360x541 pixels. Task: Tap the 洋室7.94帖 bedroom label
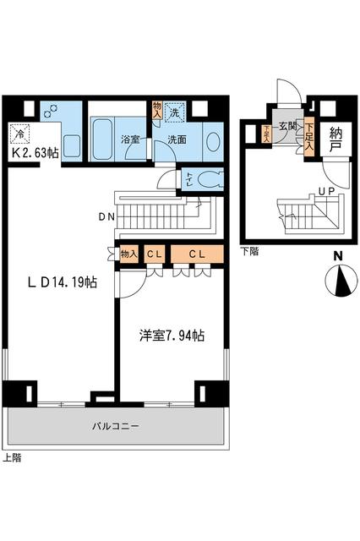click(172, 336)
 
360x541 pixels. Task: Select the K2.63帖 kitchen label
click(35, 152)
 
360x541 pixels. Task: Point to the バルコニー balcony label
click(116, 426)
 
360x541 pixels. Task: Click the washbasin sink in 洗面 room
click(212, 139)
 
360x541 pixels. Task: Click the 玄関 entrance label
click(288, 127)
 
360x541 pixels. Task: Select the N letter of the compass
click(337, 257)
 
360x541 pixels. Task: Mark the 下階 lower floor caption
click(249, 251)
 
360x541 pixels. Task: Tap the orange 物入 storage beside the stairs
click(128, 254)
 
